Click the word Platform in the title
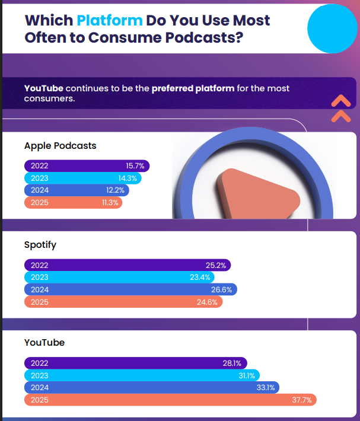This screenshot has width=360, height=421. point(110,20)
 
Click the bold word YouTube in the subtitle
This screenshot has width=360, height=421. point(43,88)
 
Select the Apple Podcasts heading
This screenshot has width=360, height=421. point(60,145)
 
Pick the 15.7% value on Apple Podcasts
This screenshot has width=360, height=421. point(135,166)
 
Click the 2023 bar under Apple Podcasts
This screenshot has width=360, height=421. point(83,178)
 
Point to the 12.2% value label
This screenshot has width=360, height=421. point(115,190)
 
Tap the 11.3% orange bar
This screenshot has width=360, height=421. point(73,203)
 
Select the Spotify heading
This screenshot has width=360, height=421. point(40,244)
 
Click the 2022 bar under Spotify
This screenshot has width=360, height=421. point(127,265)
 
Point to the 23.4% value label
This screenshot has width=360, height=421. point(199,278)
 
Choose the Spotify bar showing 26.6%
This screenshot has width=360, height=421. point(130,289)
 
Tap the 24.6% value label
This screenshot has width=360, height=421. point(207,302)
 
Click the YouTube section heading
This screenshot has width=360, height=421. point(44,342)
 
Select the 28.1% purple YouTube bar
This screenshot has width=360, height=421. point(135,363)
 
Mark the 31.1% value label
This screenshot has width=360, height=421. point(247,375)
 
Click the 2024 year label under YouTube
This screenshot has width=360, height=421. point(39,388)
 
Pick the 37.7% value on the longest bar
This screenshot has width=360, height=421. point(302,400)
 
